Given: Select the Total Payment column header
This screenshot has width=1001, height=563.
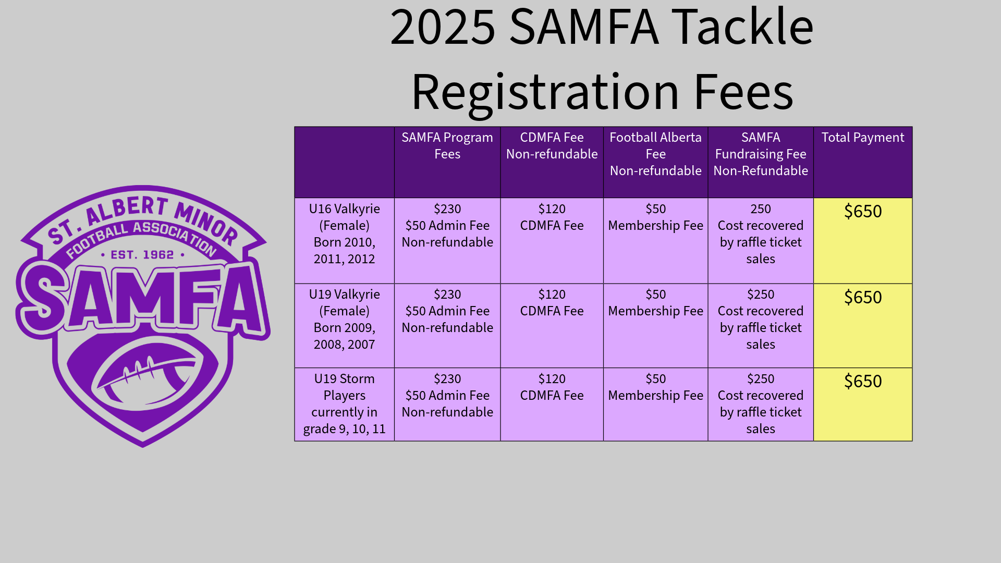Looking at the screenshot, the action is click(x=863, y=138).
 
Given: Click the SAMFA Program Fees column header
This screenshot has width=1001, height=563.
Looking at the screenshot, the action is click(x=447, y=145).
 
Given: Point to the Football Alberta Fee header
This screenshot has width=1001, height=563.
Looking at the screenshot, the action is click(x=655, y=154).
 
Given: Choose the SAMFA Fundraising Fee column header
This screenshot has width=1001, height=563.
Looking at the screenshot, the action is click(x=761, y=154).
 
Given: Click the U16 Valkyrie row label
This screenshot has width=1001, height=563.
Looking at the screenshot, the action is click(x=344, y=234).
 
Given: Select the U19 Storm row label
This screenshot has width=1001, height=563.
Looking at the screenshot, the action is click(x=344, y=403).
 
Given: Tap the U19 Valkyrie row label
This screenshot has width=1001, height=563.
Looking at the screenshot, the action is click(x=344, y=319).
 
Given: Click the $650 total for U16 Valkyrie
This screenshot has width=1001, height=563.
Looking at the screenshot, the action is click(x=863, y=211).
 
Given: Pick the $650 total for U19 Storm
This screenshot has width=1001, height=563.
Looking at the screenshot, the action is click(x=863, y=381).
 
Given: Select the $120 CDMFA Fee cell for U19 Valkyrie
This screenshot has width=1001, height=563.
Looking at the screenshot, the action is click(x=552, y=302).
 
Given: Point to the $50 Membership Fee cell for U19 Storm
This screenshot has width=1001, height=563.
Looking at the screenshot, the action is click(x=655, y=387).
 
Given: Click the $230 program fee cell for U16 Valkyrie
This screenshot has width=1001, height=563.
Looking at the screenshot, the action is click(x=447, y=225).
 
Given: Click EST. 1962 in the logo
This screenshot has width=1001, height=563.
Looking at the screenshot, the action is click(x=142, y=255).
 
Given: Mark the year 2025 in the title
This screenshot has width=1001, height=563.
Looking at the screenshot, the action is click(x=443, y=27).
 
